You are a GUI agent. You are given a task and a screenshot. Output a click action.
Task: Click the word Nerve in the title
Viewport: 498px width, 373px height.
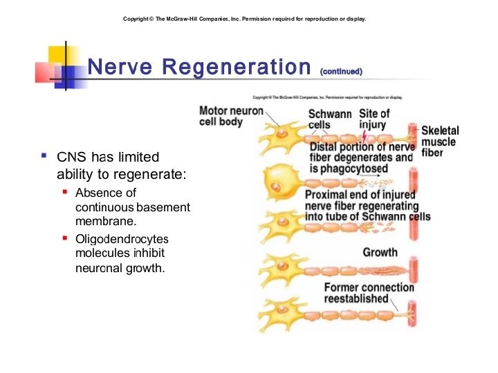[x=121, y=67]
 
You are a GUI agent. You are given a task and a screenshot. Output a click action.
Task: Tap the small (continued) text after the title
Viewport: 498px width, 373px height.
[x=341, y=71]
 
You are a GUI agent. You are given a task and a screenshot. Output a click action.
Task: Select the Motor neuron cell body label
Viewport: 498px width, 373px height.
[x=230, y=116]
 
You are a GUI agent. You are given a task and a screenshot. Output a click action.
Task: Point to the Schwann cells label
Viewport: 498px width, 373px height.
[x=330, y=119]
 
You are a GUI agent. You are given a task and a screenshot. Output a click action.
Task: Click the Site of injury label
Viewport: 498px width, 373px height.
[x=374, y=119]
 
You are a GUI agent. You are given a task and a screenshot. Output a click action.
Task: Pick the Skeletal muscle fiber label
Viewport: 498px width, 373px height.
[x=440, y=142]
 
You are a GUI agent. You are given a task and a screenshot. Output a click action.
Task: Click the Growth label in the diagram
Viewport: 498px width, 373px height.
[x=380, y=252]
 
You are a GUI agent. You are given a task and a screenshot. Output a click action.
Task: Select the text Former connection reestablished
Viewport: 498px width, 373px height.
[x=369, y=293]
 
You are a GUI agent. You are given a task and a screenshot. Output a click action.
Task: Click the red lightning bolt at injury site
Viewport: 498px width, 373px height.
[x=365, y=133]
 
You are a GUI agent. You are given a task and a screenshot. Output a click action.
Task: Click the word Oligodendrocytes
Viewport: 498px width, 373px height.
[x=122, y=239]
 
